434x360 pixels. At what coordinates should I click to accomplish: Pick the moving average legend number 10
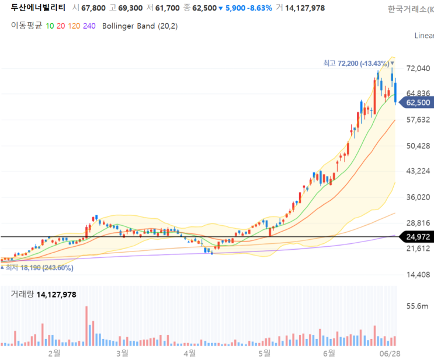point(50,26)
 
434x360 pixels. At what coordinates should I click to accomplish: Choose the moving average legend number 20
point(61,26)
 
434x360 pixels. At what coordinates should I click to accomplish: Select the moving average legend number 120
point(74,26)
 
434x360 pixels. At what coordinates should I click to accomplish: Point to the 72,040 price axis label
point(418,69)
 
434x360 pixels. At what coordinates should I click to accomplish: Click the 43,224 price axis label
point(418,171)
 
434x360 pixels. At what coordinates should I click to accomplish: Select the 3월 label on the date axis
point(122,354)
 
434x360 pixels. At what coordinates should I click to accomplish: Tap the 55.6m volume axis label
point(421,306)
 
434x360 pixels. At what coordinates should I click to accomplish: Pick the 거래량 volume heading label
point(22,295)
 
